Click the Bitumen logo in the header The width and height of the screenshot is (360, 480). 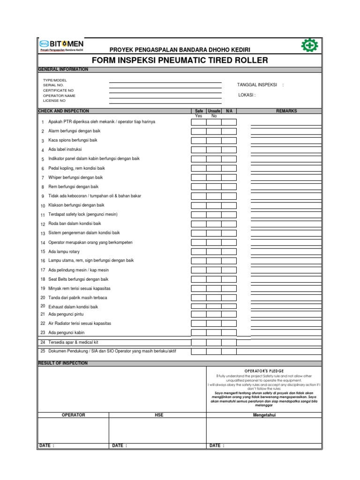point(61,45)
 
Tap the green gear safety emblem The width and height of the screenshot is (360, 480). point(310,45)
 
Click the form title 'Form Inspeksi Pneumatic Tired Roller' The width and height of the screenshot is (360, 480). point(180,60)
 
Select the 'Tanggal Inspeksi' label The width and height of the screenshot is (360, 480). point(257,85)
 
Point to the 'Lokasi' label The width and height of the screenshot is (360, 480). point(247,95)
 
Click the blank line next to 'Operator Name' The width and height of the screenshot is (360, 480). point(165,95)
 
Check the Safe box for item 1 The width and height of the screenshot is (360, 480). point(198,122)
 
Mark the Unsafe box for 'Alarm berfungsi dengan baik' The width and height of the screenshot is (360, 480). point(214,131)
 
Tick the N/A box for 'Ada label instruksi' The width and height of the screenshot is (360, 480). point(229,150)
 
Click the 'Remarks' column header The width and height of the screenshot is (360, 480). point(286,111)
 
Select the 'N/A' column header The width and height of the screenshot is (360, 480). point(229,111)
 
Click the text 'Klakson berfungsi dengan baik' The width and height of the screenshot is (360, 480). point(76,205)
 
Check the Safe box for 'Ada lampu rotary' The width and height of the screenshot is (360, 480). point(198,252)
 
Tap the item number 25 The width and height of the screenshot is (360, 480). point(43,351)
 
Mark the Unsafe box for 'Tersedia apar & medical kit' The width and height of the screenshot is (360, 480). point(214,343)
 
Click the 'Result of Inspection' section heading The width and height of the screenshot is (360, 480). point(62,363)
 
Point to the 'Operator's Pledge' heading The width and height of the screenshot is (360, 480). point(264,370)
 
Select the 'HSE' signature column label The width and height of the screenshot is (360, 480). point(158,415)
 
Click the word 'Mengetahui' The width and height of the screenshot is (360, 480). point(264,415)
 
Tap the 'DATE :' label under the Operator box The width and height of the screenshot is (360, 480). point(47,446)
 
